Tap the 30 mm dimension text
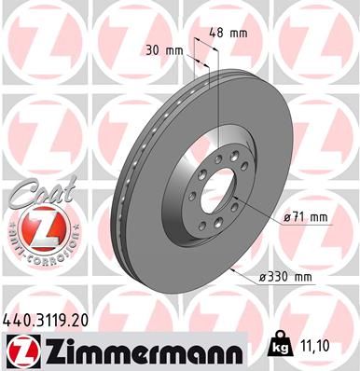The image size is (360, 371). [163, 50]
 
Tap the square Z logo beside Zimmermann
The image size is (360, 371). [20, 350]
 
